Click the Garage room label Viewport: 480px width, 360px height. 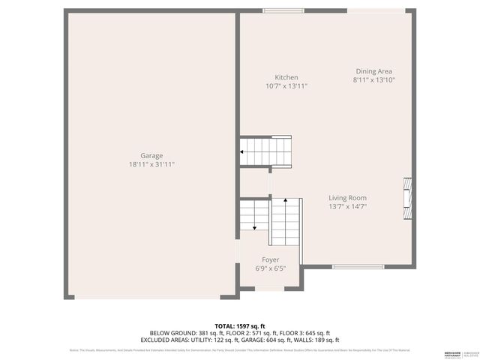point(151,156)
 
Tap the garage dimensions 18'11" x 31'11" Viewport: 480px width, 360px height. point(151,164)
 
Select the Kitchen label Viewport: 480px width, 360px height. point(286,77)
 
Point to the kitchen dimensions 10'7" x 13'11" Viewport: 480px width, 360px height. point(286,86)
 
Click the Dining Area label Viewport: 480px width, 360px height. point(373,71)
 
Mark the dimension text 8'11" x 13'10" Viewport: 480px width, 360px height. point(373,79)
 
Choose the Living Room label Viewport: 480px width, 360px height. point(347,198)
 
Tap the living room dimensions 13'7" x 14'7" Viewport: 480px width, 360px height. point(347,206)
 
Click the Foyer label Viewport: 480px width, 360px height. point(270,259)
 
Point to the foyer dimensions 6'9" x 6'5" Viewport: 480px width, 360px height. point(270,268)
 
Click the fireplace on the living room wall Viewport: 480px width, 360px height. point(408,198)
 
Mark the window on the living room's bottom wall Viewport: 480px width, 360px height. point(355,266)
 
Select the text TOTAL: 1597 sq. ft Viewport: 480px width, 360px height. point(240,326)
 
